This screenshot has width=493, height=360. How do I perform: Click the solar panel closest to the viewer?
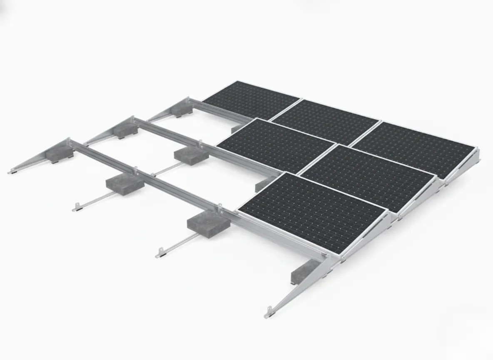[312, 210]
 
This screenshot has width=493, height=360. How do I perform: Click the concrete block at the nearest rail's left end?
[60, 152]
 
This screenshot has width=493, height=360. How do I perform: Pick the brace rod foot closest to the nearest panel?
[160, 252]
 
